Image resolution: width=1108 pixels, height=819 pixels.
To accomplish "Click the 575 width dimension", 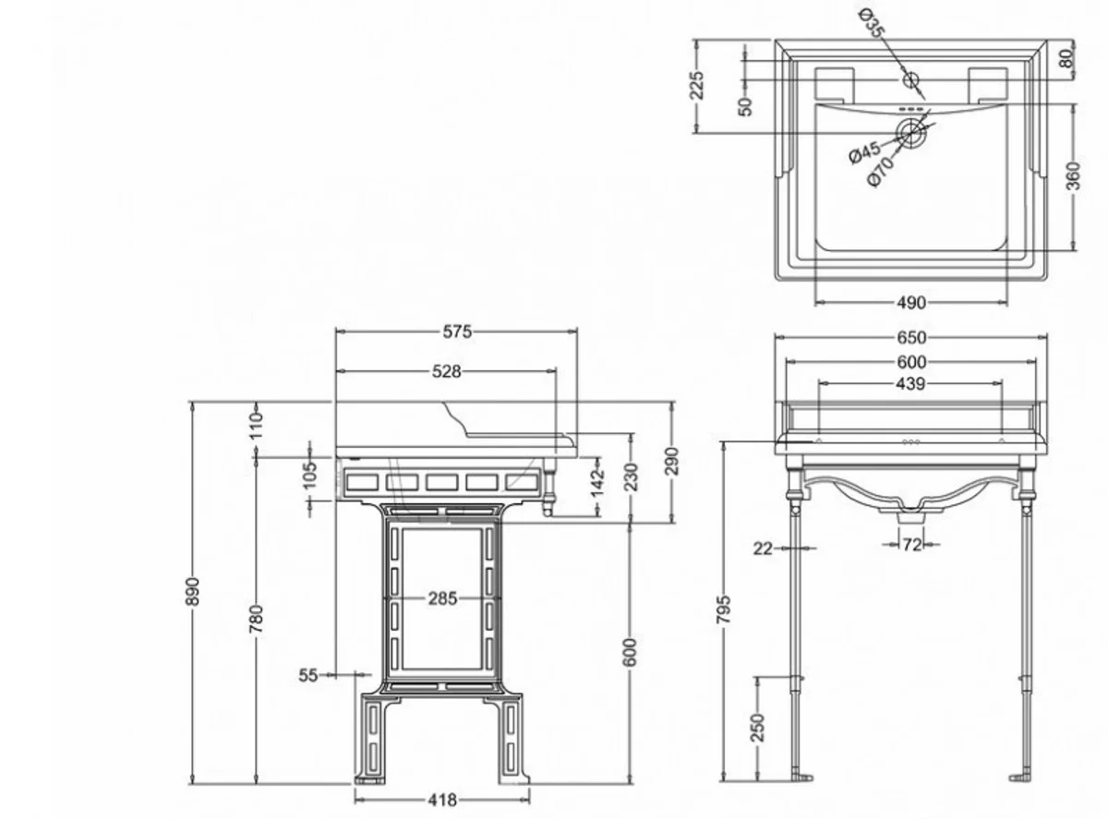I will (x=456, y=332).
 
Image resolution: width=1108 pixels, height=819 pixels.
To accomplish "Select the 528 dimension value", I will (x=446, y=371).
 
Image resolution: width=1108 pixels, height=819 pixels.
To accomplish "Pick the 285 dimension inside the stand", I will (x=442, y=598).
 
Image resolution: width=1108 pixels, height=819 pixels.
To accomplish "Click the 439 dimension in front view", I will (x=910, y=383).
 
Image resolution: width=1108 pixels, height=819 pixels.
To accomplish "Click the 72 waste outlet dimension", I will (x=911, y=546).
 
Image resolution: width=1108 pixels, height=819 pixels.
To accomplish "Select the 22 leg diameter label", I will (x=762, y=548).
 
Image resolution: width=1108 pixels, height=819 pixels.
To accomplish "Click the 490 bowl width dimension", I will (x=910, y=302).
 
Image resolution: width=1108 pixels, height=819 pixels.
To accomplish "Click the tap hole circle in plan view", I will (x=911, y=80).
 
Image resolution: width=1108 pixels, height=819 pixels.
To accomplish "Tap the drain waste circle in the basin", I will (x=911, y=133).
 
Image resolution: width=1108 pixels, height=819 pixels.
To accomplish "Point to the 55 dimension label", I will (x=308, y=676).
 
